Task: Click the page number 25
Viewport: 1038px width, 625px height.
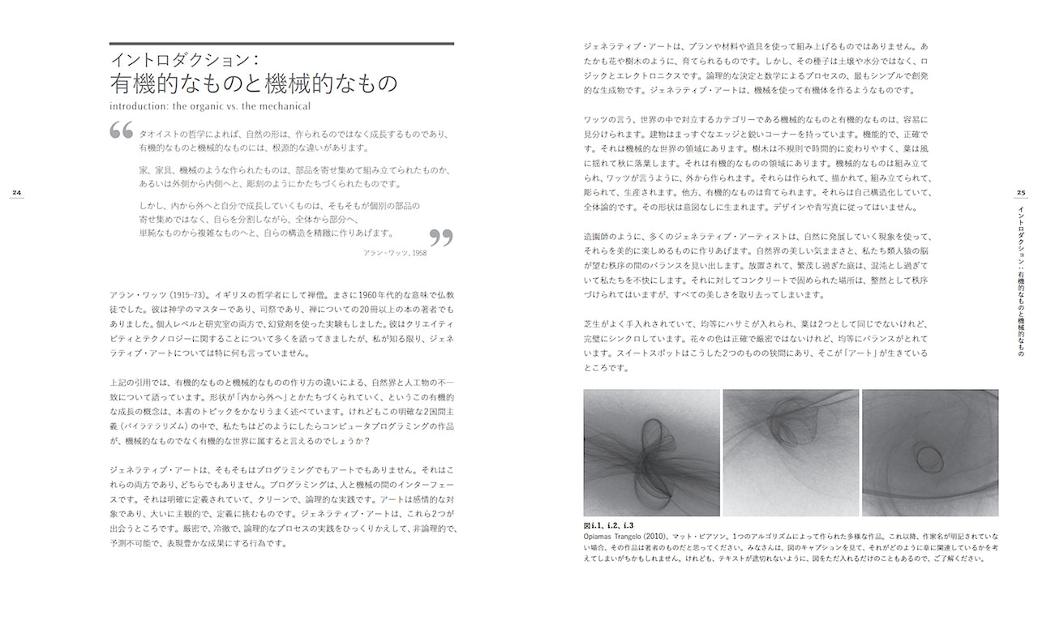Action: (x=1021, y=192)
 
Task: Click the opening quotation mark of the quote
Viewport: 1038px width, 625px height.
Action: (x=122, y=130)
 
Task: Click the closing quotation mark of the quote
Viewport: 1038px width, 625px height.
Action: (x=440, y=237)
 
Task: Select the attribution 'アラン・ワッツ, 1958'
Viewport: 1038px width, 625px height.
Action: (x=396, y=253)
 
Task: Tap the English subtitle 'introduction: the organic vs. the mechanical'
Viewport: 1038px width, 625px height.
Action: (x=210, y=105)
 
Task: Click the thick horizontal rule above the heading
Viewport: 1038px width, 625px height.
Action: (x=281, y=44)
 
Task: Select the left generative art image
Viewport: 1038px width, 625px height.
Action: (x=651, y=452)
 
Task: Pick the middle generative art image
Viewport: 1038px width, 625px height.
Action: (x=791, y=452)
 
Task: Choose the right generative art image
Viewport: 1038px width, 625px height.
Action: (x=929, y=452)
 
